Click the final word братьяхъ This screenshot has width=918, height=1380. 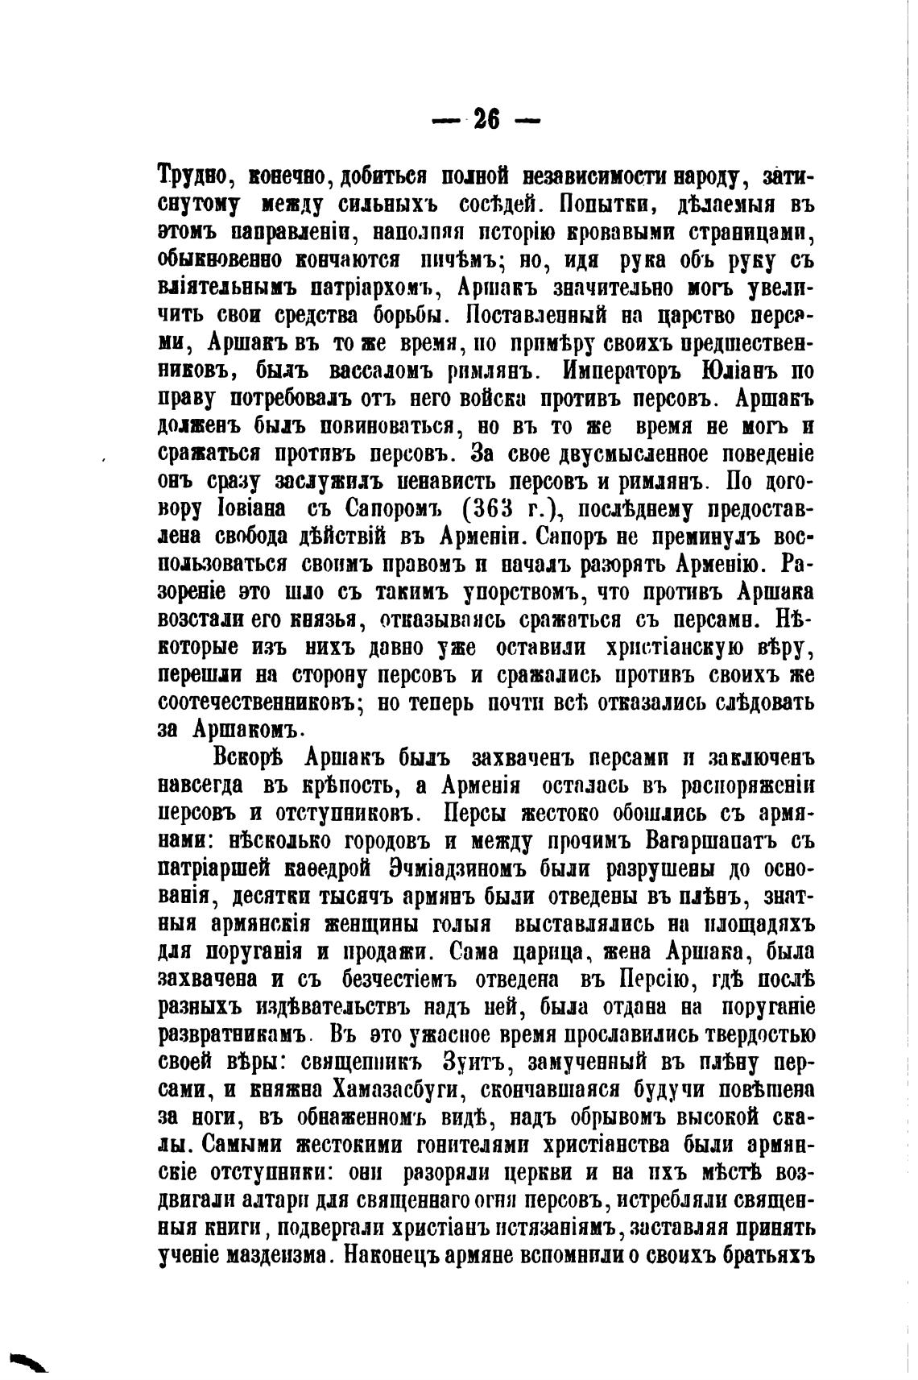pyautogui.click(x=759, y=1255)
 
